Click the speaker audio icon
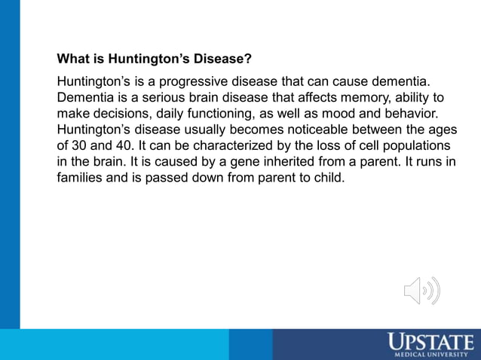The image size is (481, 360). [x=421, y=291]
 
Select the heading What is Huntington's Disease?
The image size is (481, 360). [x=155, y=58]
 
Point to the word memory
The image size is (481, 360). [x=342, y=97]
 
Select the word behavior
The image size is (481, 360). [x=410, y=114]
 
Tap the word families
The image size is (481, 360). [x=80, y=179]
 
